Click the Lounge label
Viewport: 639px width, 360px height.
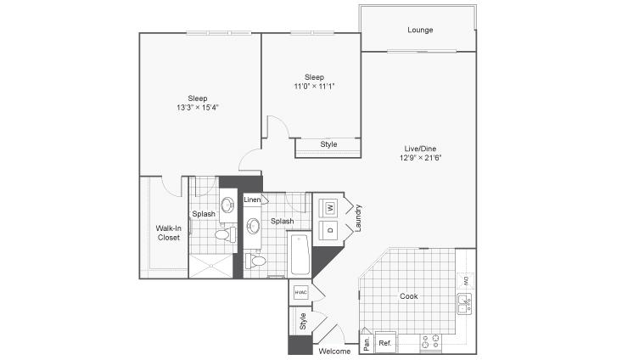coord(420,30)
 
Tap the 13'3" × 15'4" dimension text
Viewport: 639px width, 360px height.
coord(198,108)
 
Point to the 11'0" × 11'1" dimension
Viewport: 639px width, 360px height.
coord(314,86)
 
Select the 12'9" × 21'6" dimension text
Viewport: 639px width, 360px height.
coord(421,158)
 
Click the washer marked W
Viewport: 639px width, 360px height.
coord(330,208)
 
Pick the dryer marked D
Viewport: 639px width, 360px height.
coord(330,230)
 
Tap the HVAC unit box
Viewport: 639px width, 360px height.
coord(300,292)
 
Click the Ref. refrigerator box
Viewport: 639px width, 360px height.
coord(384,342)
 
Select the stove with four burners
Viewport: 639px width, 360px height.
coord(431,342)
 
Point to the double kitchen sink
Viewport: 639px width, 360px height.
coord(464,303)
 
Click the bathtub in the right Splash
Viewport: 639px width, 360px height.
coord(300,255)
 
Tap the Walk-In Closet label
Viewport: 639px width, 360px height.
coord(168,233)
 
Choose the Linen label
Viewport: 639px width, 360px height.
coord(252,200)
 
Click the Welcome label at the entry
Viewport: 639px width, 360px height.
coord(334,351)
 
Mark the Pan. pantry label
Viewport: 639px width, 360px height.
coord(367,342)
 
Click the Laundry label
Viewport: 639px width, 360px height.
coord(358,218)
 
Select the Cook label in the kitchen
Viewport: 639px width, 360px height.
coord(408,296)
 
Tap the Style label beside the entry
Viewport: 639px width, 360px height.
coord(302,321)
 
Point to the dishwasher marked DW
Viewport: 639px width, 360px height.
coord(466,280)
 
